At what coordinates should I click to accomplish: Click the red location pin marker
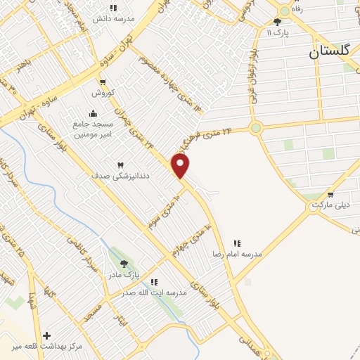pos(181,166)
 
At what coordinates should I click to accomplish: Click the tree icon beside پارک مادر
pos(124,264)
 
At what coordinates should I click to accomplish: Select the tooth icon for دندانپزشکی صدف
pos(120,165)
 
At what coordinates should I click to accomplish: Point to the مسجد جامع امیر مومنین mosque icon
pos(94,114)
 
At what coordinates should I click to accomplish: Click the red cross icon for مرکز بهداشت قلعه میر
pos(46,335)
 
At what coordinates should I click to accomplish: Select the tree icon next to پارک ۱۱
pos(277,22)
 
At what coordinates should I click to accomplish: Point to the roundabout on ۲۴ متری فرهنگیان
pos(255,128)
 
